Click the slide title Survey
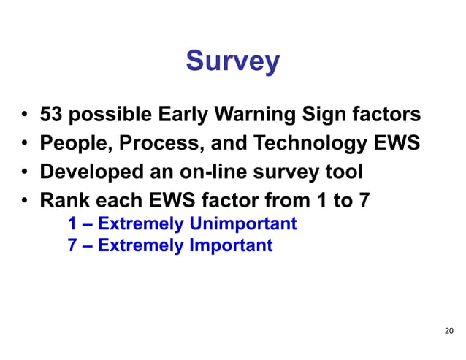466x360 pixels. point(232,61)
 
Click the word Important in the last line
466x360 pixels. point(231,245)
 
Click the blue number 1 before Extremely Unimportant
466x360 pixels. point(72,223)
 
